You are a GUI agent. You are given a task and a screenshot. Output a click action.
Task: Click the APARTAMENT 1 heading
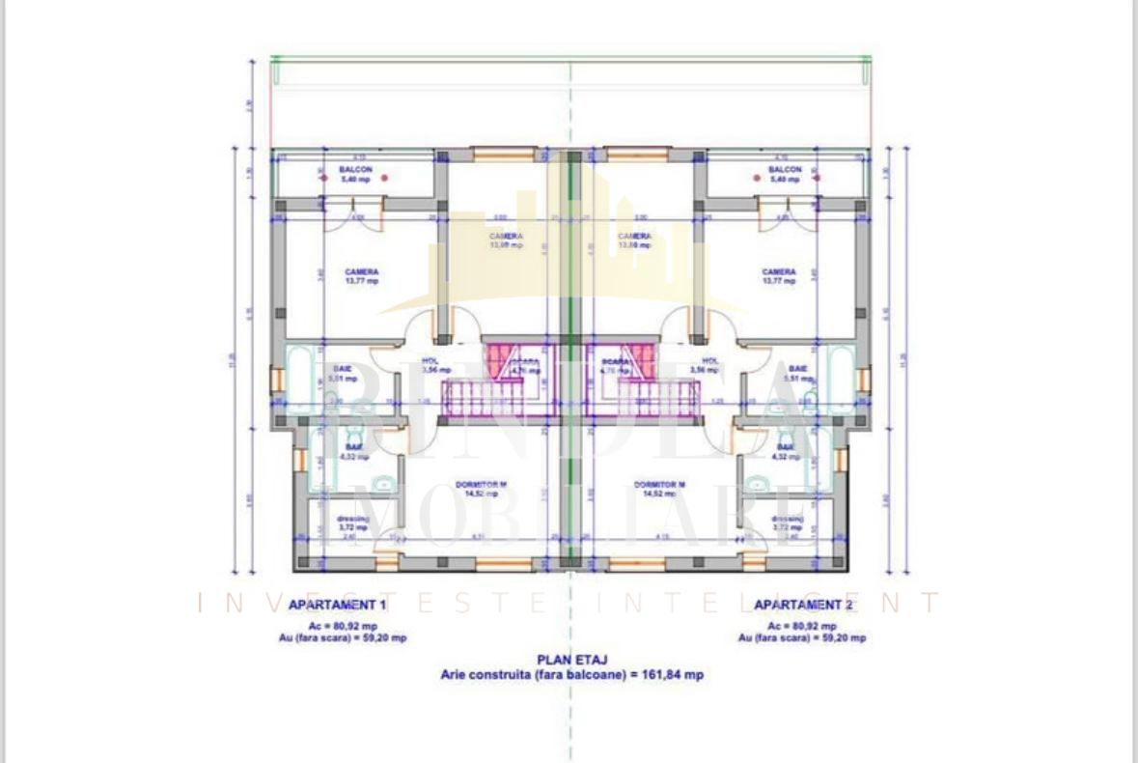pos(337,606)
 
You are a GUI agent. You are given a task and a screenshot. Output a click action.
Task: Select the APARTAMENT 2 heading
pos(803,606)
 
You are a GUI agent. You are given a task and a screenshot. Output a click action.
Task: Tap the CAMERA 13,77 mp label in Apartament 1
pos(362,276)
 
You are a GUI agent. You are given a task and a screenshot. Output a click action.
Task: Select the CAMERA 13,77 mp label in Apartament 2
pos(779,276)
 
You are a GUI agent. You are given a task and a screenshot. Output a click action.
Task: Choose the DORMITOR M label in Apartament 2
pos(659,489)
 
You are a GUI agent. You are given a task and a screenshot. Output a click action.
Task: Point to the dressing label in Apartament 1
pos(352,523)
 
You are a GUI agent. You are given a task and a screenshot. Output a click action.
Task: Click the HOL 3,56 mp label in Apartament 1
pos(431,365)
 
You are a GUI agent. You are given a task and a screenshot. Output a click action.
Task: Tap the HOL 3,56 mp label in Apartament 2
pos(709,365)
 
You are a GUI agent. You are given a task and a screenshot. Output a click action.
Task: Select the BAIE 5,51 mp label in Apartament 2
pos(798,374)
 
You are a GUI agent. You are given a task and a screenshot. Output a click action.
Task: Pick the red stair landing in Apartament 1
pos(501,359)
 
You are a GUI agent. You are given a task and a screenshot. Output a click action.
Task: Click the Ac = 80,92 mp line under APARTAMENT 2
pos(802,625)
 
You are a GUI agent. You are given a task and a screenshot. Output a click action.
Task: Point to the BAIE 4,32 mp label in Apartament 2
pos(786,451)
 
